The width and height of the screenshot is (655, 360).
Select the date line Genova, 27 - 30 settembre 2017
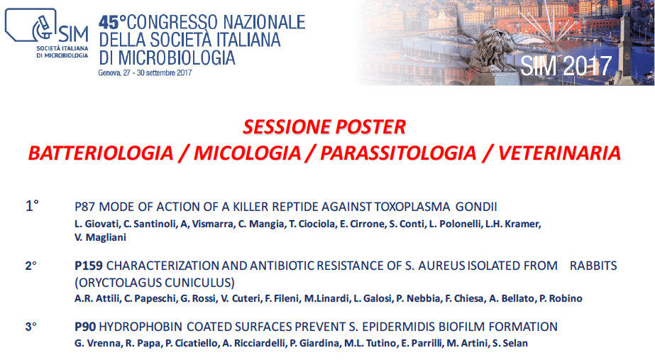[145, 72]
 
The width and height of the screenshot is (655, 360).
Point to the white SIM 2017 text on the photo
[566, 65]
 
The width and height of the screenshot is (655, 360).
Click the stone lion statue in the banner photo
[497, 50]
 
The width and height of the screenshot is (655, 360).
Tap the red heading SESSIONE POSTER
[324, 127]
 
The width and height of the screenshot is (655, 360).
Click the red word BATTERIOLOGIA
[101, 153]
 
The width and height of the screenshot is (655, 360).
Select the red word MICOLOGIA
[247, 153]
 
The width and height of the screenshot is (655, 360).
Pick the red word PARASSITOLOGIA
[398, 153]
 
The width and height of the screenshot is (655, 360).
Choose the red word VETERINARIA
[559, 153]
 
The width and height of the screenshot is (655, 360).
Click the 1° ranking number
[32, 206]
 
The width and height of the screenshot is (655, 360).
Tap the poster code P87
[85, 207]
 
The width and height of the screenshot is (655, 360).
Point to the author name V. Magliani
[100, 237]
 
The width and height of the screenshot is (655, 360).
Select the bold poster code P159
[89, 266]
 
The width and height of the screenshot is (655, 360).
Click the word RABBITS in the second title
[593, 266]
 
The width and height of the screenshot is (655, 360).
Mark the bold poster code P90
[85, 327]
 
